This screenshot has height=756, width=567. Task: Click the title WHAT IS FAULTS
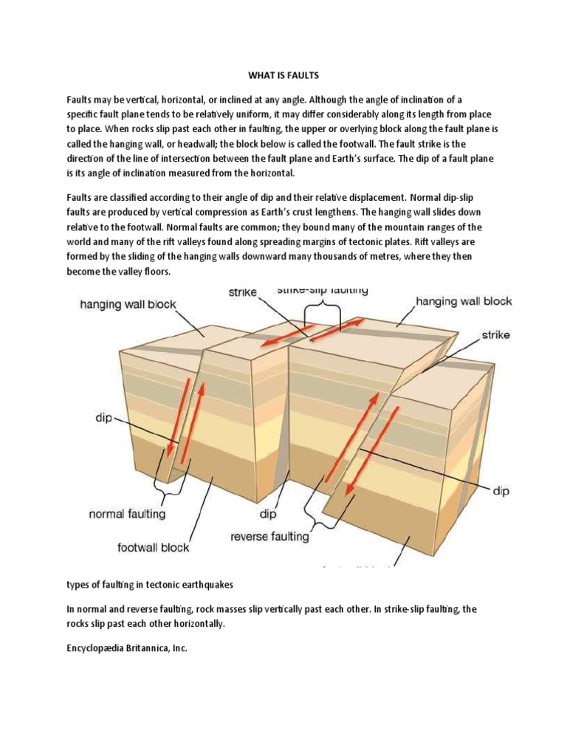[x=283, y=75]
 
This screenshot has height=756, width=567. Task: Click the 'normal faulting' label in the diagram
[x=128, y=512]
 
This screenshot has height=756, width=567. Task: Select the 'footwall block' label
[x=154, y=547]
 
